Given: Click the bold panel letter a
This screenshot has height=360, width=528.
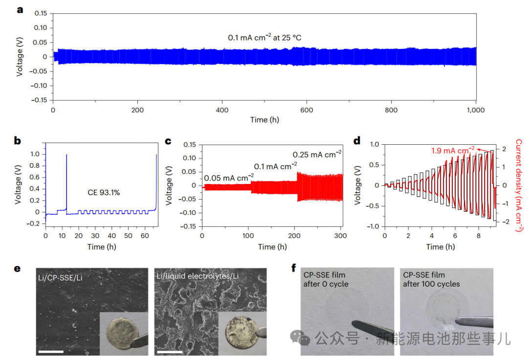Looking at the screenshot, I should pyautogui.click(x=20, y=9).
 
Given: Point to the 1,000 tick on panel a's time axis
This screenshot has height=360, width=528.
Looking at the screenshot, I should pyautogui.click(x=476, y=110).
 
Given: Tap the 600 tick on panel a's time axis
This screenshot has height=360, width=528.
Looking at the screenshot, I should pyautogui.click(x=307, y=110).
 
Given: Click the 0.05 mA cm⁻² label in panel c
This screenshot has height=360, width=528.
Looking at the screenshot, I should pyautogui.click(x=229, y=177).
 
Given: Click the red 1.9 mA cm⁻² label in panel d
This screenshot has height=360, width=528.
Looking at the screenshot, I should pyautogui.click(x=452, y=151).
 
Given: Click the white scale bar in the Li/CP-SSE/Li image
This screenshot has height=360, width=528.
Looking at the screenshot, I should pyautogui.click(x=51, y=351).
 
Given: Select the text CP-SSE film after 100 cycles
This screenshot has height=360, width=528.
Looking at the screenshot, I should pyautogui.click(x=431, y=280).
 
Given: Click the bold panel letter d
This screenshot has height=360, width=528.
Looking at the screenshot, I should pyautogui.click(x=356, y=141).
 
